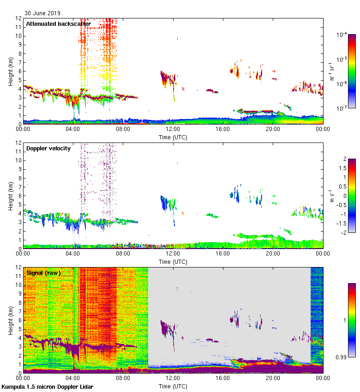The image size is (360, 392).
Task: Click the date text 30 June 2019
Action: coord(42,13)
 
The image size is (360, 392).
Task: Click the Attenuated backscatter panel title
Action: coord(58,24)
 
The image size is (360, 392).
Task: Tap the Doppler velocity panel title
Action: coord(48,148)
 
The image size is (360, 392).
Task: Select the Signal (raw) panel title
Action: coord(43,273)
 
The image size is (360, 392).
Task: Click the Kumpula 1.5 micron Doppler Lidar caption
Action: coord(48,386)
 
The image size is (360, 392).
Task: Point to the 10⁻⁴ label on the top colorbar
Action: coord(342,35)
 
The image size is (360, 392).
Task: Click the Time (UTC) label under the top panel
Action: coord(173,137)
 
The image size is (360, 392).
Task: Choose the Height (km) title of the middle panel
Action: coord(10,195)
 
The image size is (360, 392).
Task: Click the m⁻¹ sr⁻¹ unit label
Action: coord(332,71)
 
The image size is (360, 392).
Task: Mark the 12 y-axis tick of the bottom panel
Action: coord(18,267)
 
